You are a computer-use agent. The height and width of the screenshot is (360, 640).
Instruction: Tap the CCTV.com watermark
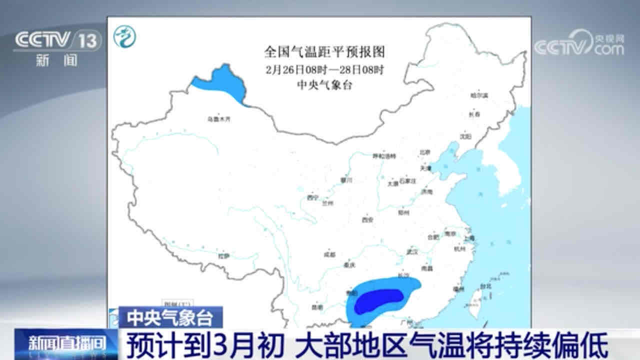click(x=579, y=44)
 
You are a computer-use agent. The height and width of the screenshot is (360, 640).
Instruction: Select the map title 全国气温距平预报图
click(x=324, y=51)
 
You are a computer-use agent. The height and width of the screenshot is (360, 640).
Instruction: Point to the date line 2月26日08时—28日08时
click(x=324, y=68)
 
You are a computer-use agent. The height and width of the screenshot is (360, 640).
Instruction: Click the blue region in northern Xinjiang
click(x=220, y=82)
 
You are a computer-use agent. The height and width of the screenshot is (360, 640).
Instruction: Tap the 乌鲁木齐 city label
click(x=220, y=119)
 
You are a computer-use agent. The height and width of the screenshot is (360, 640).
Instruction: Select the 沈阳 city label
click(x=465, y=135)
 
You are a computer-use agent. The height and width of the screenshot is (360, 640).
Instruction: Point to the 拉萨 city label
click(x=223, y=256)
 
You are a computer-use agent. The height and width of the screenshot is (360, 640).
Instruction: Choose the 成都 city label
click(x=329, y=254)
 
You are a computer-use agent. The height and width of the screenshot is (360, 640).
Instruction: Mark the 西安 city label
click(x=368, y=219)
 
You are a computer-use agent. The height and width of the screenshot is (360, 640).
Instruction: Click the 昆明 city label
click(x=316, y=307)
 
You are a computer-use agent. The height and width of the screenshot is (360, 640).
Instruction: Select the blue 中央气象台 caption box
click(x=170, y=317)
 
